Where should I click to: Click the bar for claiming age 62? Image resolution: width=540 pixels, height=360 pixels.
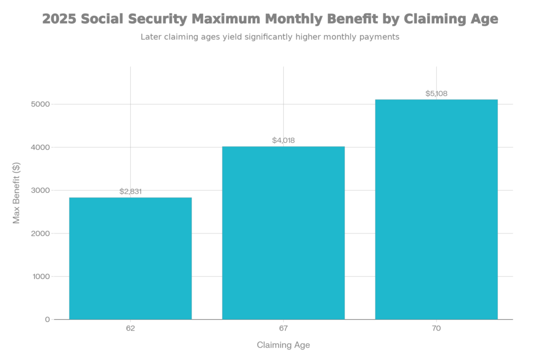pyautogui.click(x=130, y=258)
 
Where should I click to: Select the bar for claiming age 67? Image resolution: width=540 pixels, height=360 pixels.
pyautogui.click(x=283, y=232)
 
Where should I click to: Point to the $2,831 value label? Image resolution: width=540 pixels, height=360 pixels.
pyautogui.click(x=130, y=192)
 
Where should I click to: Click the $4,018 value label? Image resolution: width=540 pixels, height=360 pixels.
pyautogui.click(x=283, y=140)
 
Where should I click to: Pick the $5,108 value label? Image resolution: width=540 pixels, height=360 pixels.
pyautogui.click(x=436, y=94)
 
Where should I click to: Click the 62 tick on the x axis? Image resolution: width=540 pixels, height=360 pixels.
pyautogui.click(x=130, y=328)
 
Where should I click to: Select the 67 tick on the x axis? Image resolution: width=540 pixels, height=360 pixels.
pyautogui.click(x=283, y=328)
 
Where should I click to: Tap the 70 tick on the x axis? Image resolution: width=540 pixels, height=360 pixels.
pyautogui.click(x=436, y=328)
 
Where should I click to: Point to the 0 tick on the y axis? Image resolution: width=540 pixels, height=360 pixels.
pyautogui.click(x=47, y=319)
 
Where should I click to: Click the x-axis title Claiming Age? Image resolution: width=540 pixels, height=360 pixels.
pyautogui.click(x=283, y=346)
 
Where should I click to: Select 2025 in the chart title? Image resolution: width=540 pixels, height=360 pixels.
pyautogui.click(x=60, y=20)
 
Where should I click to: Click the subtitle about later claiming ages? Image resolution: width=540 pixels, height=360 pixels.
pyautogui.click(x=269, y=37)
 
